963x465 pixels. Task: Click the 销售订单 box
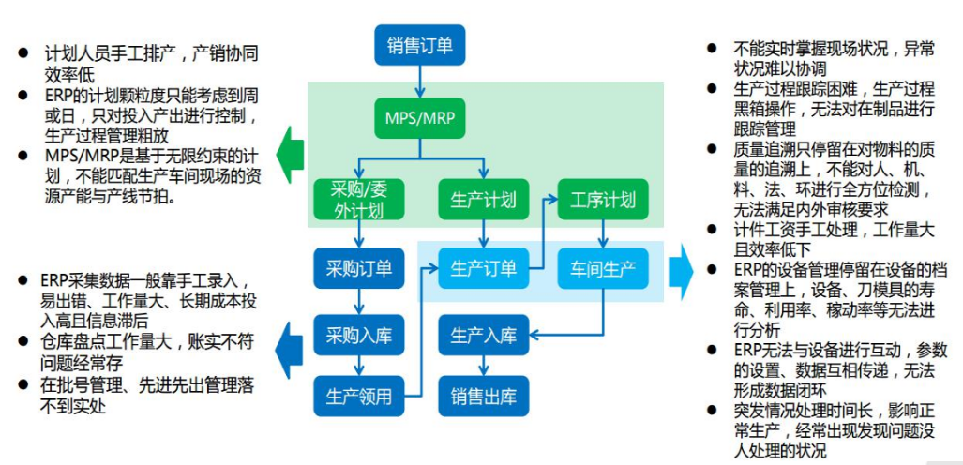tap(419, 45)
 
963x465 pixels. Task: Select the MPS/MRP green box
tap(419, 119)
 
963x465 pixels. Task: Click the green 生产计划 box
tap(483, 200)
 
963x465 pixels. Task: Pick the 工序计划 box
tap(603, 200)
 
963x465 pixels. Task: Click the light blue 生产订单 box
tap(483, 269)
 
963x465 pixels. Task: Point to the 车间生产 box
tap(603, 269)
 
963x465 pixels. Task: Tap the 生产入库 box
tap(483, 335)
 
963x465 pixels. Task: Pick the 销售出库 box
tap(483, 395)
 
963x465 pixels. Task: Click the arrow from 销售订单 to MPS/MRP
tap(419, 82)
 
